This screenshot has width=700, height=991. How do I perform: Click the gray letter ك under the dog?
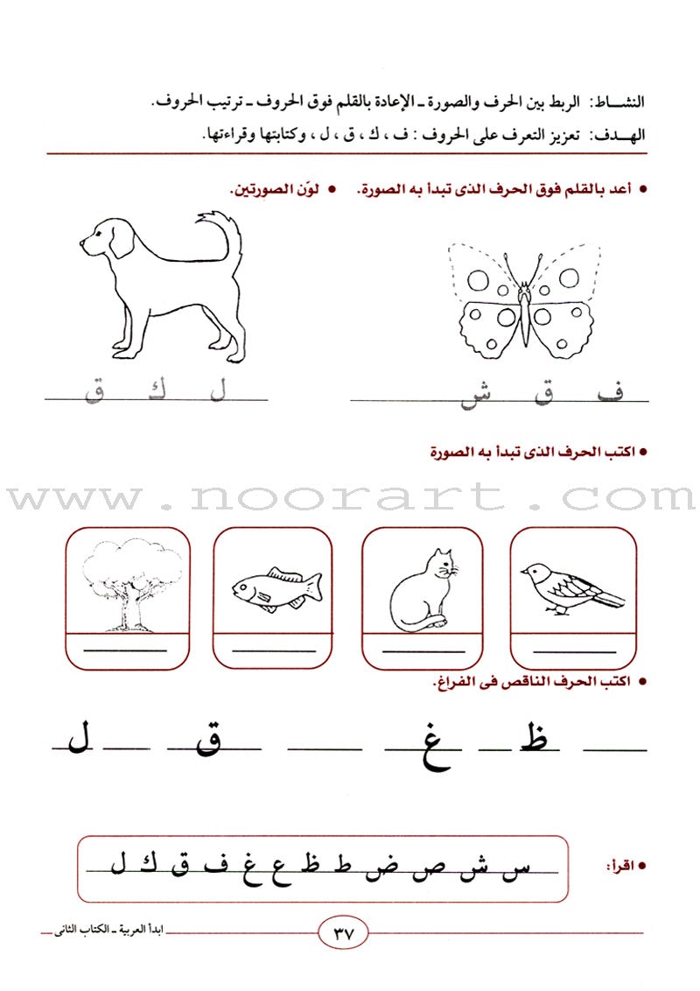click(x=155, y=390)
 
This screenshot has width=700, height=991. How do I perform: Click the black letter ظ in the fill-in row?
click(x=537, y=741)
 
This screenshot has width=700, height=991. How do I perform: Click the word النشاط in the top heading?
click(x=618, y=102)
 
